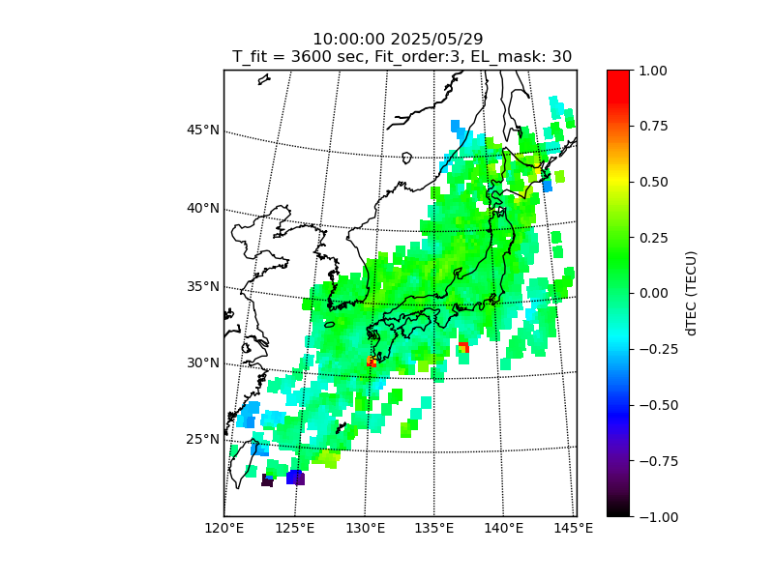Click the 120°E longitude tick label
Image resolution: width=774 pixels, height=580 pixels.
[x=223, y=528]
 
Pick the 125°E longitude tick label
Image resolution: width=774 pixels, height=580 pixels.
[x=294, y=528]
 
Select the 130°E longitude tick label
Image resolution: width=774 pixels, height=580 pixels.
[x=365, y=528]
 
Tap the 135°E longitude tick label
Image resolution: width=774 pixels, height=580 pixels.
[x=434, y=528]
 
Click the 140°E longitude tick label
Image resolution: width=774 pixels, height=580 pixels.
[x=504, y=528]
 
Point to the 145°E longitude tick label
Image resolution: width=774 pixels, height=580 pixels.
[x=575, y=528]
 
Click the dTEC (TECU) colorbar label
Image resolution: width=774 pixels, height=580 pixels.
[x=691, y=293]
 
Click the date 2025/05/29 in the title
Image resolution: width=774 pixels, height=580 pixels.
[x=437, y=40]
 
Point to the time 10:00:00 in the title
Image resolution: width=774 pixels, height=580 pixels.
[x=348, y=40]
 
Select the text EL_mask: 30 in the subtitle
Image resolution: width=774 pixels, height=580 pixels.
[x=521, y=57]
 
